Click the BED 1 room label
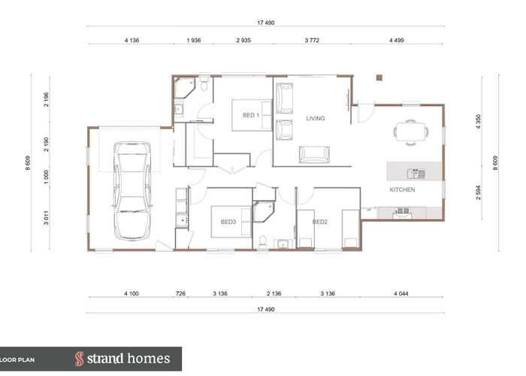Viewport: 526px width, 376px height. (x=251, y=115)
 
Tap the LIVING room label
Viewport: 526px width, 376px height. (x=316, y=118)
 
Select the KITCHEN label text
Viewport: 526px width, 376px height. (x=402, y=190)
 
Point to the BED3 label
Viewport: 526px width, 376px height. (x=228, y=222)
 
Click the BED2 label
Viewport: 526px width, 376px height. (x=320, y=222)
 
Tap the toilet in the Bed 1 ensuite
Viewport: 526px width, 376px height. (x=203, y=83)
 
